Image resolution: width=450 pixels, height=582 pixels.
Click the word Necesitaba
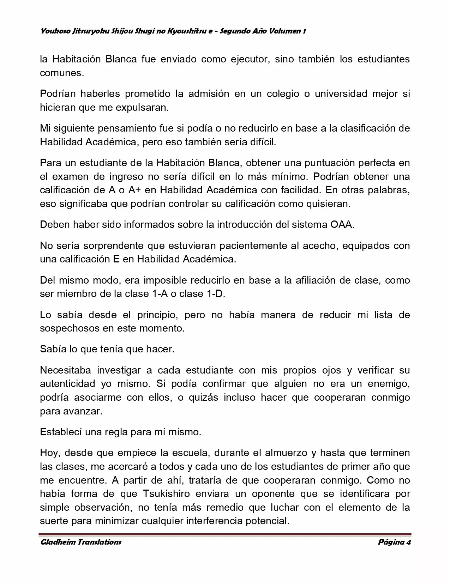65,370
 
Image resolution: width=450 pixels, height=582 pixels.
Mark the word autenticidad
67,384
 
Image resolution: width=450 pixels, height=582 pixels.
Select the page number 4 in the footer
408,542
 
